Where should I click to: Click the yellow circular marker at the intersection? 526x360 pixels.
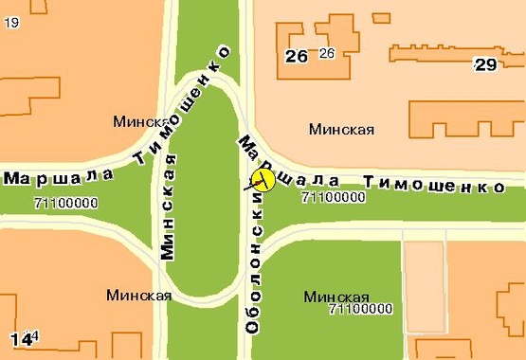[262, 178]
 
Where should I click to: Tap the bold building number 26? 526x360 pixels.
[297, 56]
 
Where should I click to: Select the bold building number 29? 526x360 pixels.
[485, 64]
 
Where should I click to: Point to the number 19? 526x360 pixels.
[11, 23]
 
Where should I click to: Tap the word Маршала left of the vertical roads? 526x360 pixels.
[59, 176]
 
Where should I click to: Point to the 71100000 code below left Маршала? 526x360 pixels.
[65, 203]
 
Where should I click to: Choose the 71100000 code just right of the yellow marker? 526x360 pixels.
[333, 198]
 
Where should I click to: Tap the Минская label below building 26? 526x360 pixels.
[342, 130]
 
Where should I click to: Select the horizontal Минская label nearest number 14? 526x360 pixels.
[139, 295]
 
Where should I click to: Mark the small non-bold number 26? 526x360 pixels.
[327, 53]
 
